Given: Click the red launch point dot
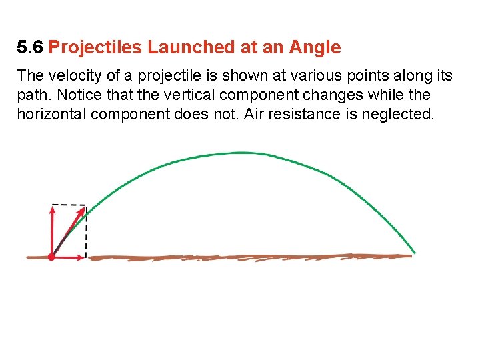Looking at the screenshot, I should (x=51, y=257).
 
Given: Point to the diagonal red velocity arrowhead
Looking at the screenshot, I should (x=82, y=211).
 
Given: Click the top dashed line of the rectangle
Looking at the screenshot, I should (x=69, y=205).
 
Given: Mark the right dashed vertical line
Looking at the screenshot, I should (x=87, y=230).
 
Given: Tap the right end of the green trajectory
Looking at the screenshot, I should (x=414, y=252).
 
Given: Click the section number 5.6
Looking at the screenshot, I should (x=31, y=47).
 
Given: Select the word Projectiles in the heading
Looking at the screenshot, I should (x=95, y=47).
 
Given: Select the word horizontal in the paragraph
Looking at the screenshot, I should (x=51, y=114).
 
